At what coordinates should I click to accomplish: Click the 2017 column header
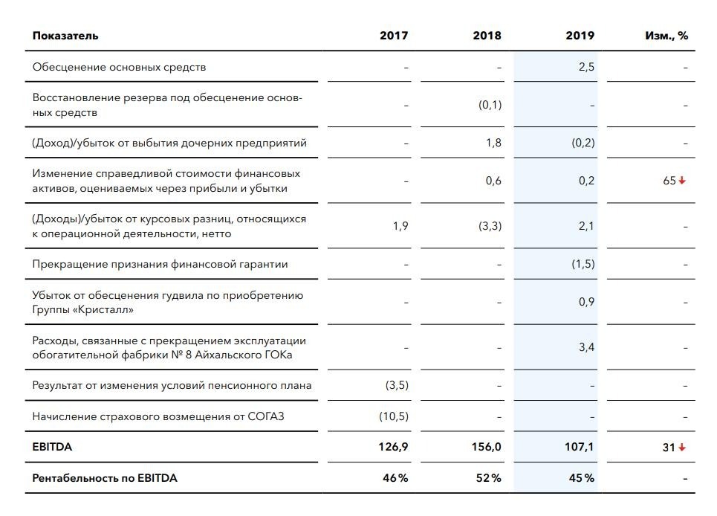[x=394, y=36]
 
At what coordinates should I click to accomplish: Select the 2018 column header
[x=487, y=36]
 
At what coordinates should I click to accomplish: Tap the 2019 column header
[x=580, y=36]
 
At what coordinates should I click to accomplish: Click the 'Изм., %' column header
[x=666, y=36]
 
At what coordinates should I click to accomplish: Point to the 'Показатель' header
[x=65, y=36]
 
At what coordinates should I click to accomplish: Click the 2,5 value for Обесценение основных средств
[x=586, y=67]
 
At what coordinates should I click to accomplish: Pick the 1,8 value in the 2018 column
[x=493, y=143]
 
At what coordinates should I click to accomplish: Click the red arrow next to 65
[x=682, y=181]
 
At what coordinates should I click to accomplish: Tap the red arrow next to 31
[x=682, y=447]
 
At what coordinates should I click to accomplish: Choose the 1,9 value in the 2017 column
[x=400, y=226]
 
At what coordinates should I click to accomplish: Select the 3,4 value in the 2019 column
[x=586, y=347]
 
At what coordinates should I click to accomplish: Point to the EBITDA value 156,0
[x=487, y=446]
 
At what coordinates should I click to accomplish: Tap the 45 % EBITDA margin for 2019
[x=582, y=478]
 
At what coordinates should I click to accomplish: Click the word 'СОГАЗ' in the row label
[x=266, y=416]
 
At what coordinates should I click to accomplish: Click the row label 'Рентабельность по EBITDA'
[x=105, y=478]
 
